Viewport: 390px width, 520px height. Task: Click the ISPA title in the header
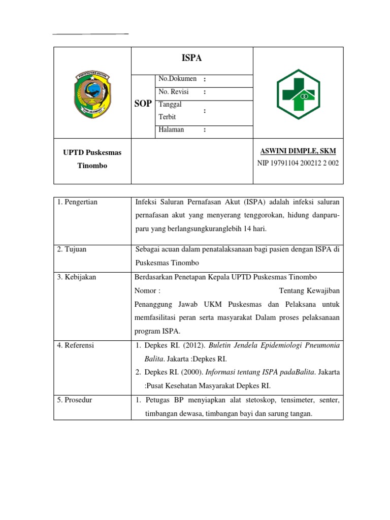192,58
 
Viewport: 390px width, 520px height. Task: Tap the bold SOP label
143,104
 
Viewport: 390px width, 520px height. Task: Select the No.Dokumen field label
177,79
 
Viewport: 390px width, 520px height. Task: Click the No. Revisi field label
174,92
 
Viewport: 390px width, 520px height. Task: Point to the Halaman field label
171,130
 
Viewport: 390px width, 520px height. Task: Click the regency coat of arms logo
93,93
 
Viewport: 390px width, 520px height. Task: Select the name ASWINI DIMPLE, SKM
298,151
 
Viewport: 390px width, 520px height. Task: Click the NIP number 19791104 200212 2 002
298,163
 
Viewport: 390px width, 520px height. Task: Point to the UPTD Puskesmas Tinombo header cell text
92,159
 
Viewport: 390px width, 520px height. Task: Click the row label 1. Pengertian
77,202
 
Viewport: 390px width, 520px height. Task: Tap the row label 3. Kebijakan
77,277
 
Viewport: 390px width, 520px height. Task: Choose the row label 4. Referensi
76,345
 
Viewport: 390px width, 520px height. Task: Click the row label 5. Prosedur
75,400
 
